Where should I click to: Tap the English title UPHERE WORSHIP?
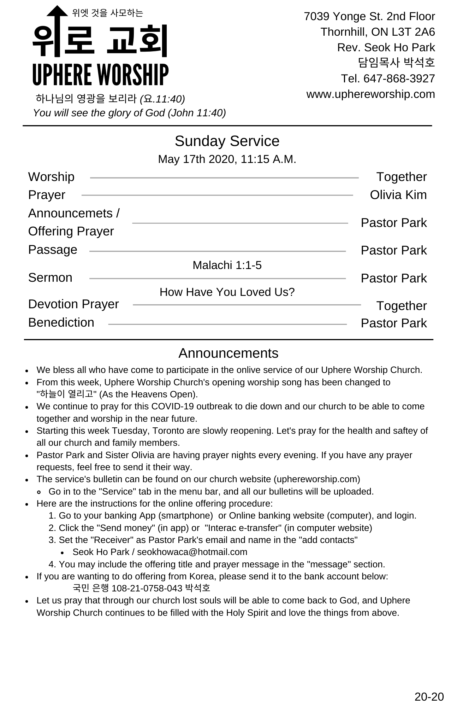click(x=100, y=75)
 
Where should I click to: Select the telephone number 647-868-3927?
click(x=399, y=78)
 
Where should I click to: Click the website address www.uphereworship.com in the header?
click(x=370, y=94)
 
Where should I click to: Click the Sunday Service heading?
click(x=227, y=141)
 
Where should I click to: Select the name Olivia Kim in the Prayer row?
click(x=398, y=195)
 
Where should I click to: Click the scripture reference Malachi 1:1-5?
click(x=227, y=265)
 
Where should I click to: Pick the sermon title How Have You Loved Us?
click(x=227, y=292)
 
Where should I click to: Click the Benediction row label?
click(x=61, y=322)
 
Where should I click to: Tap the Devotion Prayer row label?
click(x=73, y=304)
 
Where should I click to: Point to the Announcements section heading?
click(x=228, y=353)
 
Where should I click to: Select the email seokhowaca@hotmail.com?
click(x=192, y=552)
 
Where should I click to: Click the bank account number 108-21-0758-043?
click(x=147, y=588)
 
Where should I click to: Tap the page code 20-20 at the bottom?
click(x=429, y=696)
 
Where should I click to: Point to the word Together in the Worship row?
click(x=401, y=177)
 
